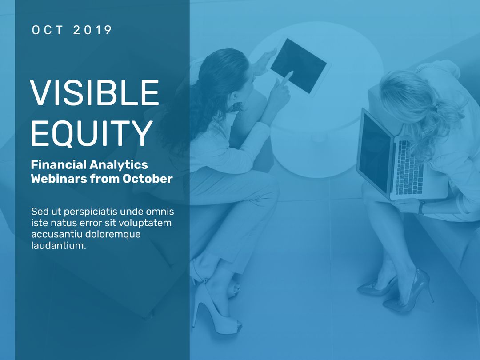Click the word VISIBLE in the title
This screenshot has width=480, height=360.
(x=94, y=93)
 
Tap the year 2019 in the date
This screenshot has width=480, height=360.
(x=92, y=30)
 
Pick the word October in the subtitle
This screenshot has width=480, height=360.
(x=148, y=179)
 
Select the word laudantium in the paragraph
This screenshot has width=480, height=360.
(x=58, y=245)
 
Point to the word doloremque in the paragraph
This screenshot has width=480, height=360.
(x=113, y=234)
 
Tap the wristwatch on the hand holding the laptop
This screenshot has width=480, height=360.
(x=420, y=207)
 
